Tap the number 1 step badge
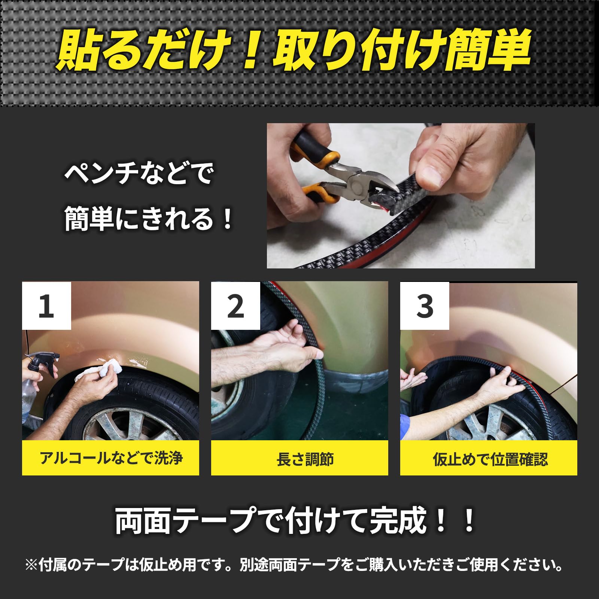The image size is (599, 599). (46, 305)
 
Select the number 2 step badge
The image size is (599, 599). (235, 305)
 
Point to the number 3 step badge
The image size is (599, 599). (425, 305)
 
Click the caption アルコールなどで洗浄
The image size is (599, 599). (111, 458)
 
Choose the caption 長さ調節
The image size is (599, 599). (305, 459)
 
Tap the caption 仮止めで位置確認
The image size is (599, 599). (490, 459)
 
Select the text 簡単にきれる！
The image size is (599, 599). (149, 219)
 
